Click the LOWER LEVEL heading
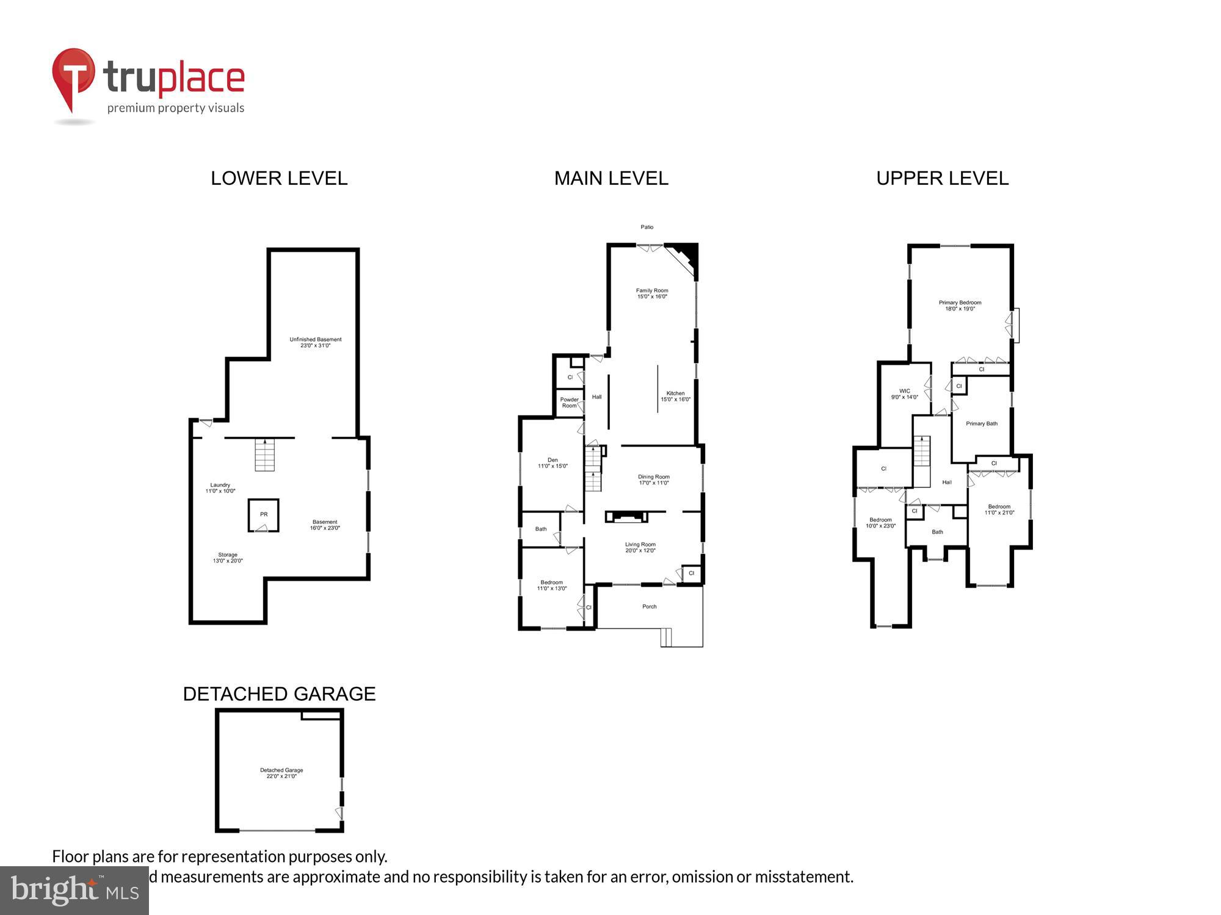click(279, 178)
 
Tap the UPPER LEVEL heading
click(942, 178)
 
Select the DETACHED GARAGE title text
click(279, 694)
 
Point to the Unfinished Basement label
click(315, 342)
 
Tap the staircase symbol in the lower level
click(265, 456)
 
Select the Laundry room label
click(220, 488)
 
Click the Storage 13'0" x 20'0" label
click(228, 558)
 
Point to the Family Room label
click(652, 293)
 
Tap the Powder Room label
click(569, 403)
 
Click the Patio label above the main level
click(647, 227)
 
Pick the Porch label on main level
click(650, 606)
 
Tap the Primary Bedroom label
click(960, 306)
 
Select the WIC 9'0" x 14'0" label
click(904, 394)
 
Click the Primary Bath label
click(982, 423)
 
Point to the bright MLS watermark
click(74, 891)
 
